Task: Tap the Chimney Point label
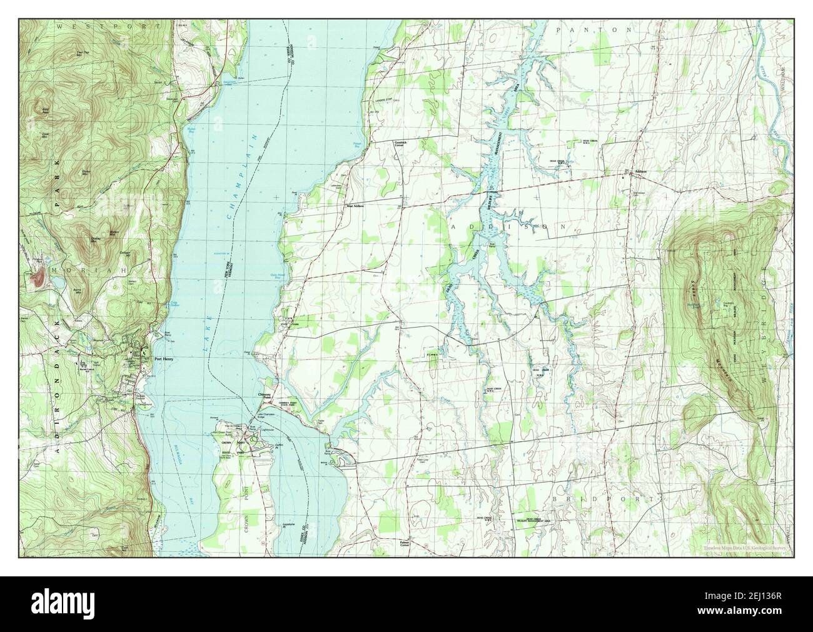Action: click(263, 396)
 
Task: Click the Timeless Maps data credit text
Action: click(744, 547)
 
